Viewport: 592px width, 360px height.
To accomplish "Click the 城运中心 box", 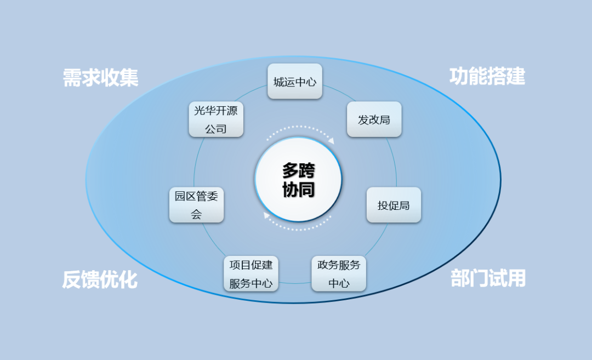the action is (x=295, y=82).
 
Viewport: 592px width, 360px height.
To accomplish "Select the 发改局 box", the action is (x=374, y=119).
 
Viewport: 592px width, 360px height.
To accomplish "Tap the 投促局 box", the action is (x=394, y=205).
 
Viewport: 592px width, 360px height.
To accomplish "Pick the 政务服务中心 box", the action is (x=339, y=273).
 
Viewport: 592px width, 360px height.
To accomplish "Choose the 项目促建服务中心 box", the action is (x=251, y=273).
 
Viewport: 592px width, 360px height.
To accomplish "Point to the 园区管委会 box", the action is (x=196, y=205).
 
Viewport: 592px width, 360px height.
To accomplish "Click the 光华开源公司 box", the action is (x=216, y=119).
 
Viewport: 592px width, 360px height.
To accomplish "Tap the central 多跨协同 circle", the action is (x=298, y=179).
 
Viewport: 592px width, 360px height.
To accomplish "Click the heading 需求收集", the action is (x=100, y=77).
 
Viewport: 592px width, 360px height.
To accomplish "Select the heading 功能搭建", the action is (x=487, y=76).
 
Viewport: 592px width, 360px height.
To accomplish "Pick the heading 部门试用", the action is (x=488, y=278).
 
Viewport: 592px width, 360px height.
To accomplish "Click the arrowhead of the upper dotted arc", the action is (x=331, y=141).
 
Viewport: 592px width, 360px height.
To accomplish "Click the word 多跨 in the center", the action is (x=298, y=170).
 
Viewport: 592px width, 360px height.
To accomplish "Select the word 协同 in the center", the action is (x=298, y=189).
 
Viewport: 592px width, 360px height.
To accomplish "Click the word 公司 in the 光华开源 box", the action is (x=216, y=129).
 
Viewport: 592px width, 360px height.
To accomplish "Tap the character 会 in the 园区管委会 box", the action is (x=196, y=215).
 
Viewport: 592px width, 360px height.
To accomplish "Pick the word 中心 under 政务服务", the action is (x=339, y=283).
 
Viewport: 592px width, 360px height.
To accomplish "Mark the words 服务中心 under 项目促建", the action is (x=251, y=283).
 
